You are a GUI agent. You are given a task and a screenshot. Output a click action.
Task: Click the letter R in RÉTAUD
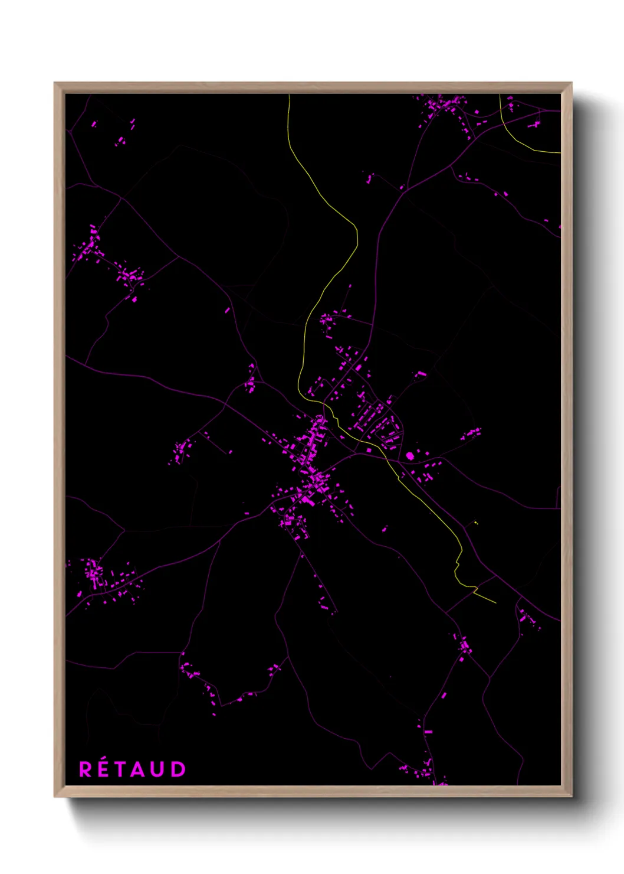(86, 769)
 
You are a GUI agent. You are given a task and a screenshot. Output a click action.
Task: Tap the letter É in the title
(103, 769)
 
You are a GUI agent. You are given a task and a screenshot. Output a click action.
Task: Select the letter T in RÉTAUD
(120, 769)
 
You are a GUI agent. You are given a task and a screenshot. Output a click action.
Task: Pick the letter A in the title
(138, 769)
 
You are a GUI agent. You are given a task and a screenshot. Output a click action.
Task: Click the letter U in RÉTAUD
(157, 769)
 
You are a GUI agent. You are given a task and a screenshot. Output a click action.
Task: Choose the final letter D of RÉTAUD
(178, 769)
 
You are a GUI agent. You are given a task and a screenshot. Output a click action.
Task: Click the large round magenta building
(410, 456)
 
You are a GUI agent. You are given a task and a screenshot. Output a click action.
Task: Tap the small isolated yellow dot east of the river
(475, 523)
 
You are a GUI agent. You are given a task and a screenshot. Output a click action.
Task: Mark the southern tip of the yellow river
(495, 603)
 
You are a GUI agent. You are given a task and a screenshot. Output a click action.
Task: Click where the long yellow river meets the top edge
(289, 95)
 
